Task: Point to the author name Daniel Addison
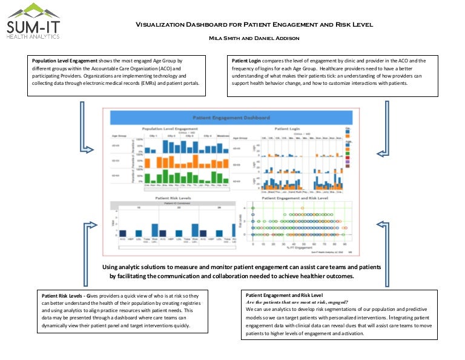click(265, 38)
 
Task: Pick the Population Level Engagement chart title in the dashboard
click(169, 129)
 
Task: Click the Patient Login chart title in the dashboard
click(288, 129)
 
